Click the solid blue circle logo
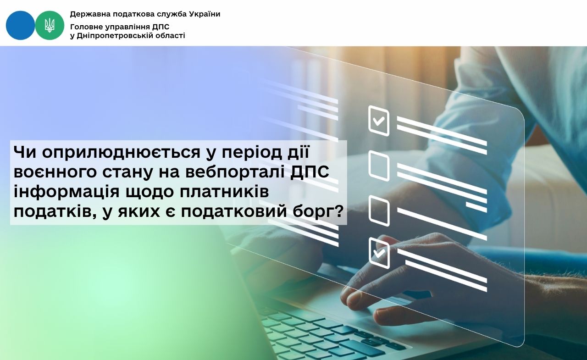pyautogui.click(x=20, y=25)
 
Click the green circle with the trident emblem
pyautogui.click(x=50, y=25)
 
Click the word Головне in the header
pyautogui.click(x=85, y=27)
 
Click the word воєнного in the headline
pyautogui.click(x=55, y=173)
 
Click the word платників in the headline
pyautogui.click(x=224, y=192)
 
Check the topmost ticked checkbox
pyautogui.click(x=379, y=121)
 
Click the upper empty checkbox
pyautogui.click(x=379, y=166)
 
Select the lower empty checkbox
pyautogui.click(x=379, y=211)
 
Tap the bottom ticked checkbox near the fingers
pyautogui.click(x=379, y=253)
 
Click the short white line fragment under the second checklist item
pyautogui.click(x=476, y=207)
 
